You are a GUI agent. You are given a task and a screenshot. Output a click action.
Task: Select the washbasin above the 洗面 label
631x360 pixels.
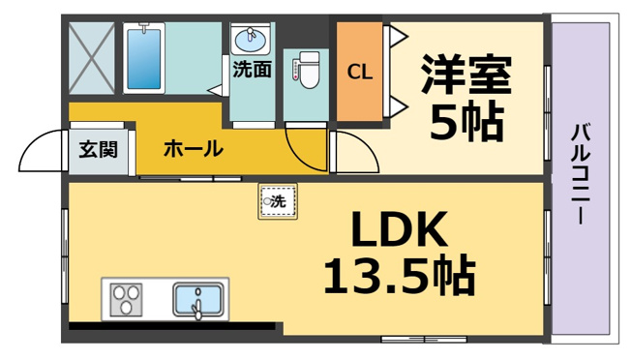(x=250, y=41)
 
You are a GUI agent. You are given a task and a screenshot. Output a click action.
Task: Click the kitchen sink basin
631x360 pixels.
(x=198, y=300)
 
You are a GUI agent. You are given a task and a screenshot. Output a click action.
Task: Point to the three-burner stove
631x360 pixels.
(x=126, y=300)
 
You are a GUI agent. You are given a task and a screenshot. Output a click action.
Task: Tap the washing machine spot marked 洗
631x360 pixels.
(x=278, y=201)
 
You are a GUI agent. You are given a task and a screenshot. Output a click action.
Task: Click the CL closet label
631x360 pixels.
(x=359, y=73)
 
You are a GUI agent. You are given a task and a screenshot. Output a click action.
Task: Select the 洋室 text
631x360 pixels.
(x=466, y=75)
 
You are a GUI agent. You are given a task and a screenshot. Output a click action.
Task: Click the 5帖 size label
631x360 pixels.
(x=466, y=123)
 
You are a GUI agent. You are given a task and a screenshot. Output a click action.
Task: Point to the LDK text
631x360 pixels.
(x=399, y=229)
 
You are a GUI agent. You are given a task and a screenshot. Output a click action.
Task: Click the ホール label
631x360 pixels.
(x=194, y=148)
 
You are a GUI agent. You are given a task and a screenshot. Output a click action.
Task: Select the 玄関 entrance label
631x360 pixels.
(x=98, y=149)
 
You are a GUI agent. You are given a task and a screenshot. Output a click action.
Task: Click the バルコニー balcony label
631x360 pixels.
(x=581, y=174)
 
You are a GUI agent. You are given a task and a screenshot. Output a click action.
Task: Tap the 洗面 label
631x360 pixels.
(x=253, y=69)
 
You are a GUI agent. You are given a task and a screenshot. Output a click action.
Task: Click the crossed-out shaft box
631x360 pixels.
(x=92, y=58)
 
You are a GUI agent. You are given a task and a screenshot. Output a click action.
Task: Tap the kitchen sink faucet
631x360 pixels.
(x=197, y=306)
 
